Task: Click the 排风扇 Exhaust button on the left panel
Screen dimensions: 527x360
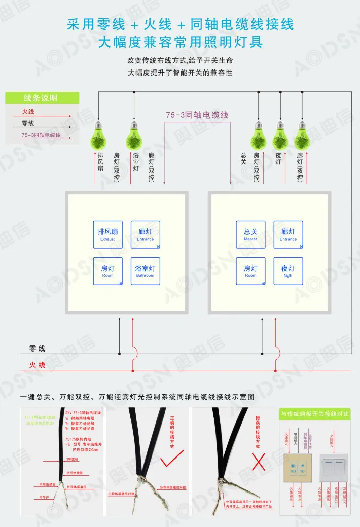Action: click(x=107, y=234)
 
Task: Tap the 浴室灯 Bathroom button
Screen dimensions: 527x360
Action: click(x=145, y=271)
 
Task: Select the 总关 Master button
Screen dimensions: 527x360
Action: click(x=250, y=234)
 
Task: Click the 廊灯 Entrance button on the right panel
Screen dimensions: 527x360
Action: click(x=288, y=234)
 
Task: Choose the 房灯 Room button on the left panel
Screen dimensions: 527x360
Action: click(x=107, y=271)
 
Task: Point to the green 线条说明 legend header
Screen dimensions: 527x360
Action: click(x=42, y=98)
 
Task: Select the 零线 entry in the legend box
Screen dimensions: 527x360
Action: click(x=28, y=123)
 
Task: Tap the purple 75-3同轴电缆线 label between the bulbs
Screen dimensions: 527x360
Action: click(x=197, y=115)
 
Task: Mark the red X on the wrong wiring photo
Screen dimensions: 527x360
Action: click(x=259, y=463)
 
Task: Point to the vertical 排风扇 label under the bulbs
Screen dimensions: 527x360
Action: click(x=100, y=163)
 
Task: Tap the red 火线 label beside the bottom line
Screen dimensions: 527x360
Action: click(x=37, y=365)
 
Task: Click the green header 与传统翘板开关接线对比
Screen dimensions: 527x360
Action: click(x=315, y=414)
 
